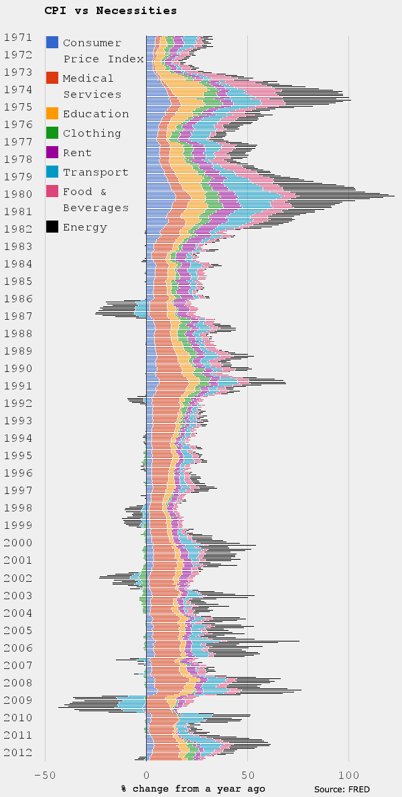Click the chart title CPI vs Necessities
(x=111, y=10)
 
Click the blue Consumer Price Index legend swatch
(x=52, y=42)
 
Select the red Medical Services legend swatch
(x=52, y=78)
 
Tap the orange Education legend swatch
(x=52, y=113)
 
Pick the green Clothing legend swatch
(x=52, y=133)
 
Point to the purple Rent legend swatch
(x=52, y=152)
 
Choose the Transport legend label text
(x=95, y=172)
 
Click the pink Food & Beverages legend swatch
(x=52, y=192)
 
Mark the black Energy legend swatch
(x=52, y=227)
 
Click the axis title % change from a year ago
(x=193, y=788)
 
